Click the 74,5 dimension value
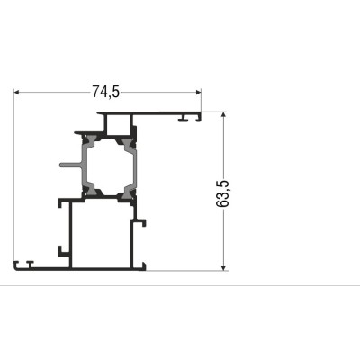[x=105, y=92]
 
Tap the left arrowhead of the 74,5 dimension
[x=17, y=92]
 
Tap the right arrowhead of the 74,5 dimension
[x=198, y=92]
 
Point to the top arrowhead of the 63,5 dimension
[x=223, y=115]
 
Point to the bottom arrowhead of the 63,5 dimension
[x=223, y=267]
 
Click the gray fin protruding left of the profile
[x=70, y=165]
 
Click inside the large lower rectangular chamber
[x=102, y=235]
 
